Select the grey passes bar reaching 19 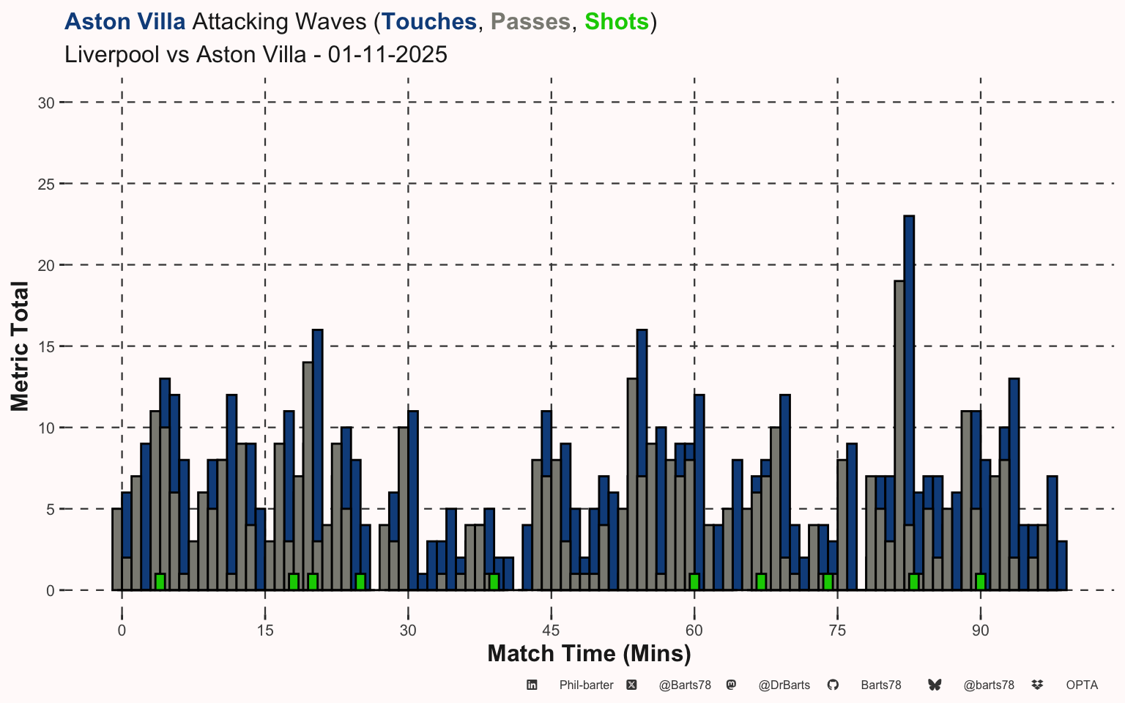(899, 432)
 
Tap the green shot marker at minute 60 (694, 581)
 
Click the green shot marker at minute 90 (980, 581)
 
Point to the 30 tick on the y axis (46, 103)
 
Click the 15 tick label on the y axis (46, 346)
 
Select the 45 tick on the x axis (551, 631)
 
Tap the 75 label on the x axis (837, 631)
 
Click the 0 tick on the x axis (122, 631)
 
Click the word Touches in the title (429, 22)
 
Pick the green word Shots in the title (617, 22)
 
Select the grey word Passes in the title (531, 22)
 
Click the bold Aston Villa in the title (125, 22)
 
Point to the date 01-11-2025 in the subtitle (387, 55)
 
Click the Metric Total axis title (20, 346)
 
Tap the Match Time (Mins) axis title (589, 653)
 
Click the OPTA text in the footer (1082, 685)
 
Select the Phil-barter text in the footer (586, 685)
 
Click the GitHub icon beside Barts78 (833, 685)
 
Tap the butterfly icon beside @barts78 (935, 685)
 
